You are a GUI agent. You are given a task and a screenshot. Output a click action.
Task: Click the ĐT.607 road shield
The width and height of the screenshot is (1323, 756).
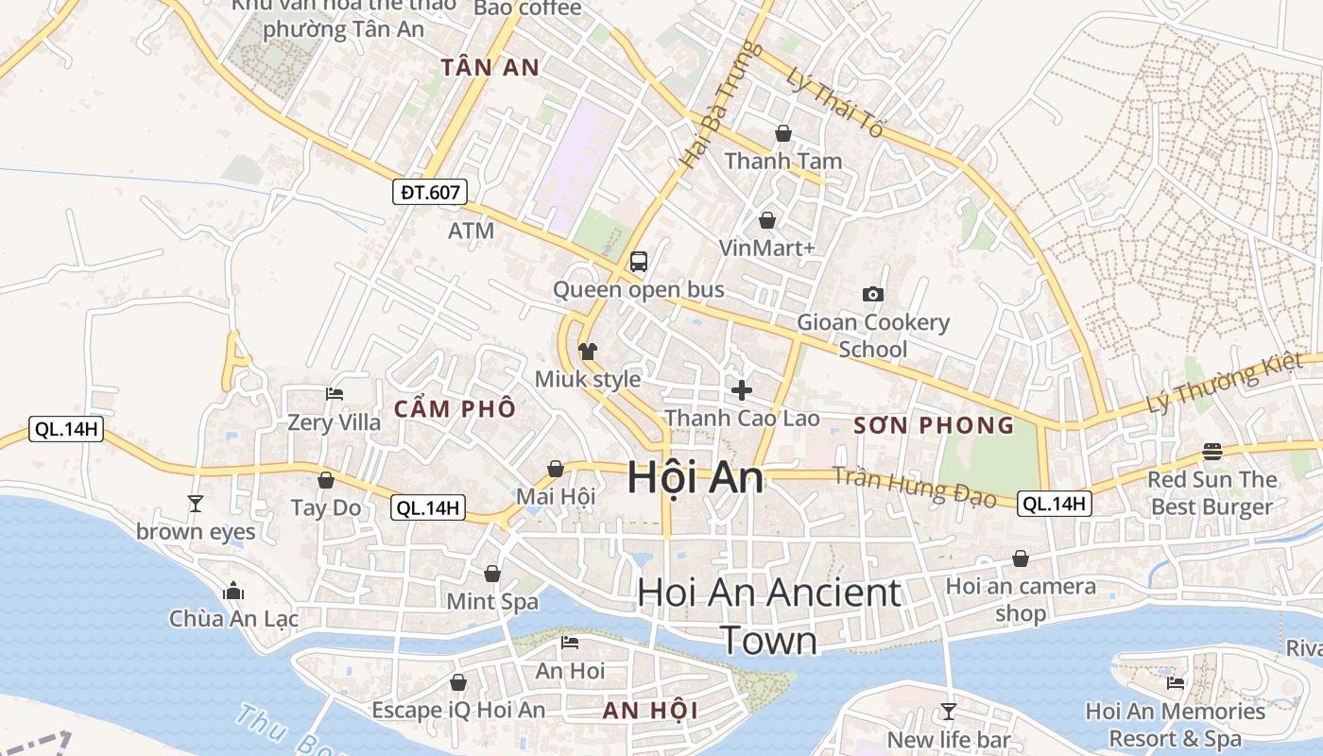pyautogui.click(x=431, y=193)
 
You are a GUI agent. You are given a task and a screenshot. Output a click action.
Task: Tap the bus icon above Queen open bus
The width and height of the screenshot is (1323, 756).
pyautogui.click(x=639, y=262)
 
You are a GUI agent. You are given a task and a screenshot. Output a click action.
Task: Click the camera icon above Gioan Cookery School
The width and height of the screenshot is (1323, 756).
pyautogui.click(x=873, y=294)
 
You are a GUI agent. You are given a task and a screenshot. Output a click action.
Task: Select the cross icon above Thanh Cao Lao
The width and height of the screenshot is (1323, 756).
pyautogui.click(x=742, y=389)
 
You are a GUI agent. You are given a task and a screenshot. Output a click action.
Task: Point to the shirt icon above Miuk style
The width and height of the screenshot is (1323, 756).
pyautogui.click(x=588, y=352)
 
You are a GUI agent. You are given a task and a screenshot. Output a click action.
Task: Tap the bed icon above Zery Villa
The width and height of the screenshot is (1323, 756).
pyautogui.click(x=334, y=394)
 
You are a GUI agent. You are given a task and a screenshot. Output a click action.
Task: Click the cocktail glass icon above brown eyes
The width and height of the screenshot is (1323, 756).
pyautogui.click(x=196, y=503)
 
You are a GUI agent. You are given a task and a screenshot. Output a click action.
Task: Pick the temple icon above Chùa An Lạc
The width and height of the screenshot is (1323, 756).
pyautogui.click(x=233, y=592)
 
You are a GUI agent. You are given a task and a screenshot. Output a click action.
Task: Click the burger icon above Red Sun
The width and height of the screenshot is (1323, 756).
pyautogui.click(x=1212, y=452)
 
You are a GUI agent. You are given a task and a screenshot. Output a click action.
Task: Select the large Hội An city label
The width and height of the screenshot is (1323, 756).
pyautogui.click(x=695, y=477)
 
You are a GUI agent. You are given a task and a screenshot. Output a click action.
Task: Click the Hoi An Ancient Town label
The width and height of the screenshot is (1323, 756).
pyautogui.click(x=769, y=616)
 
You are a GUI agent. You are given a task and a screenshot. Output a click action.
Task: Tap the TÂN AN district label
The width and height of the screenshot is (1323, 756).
pyautogui.click(x=490, y=67)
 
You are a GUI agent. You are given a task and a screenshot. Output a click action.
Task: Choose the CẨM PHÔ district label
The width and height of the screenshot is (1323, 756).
pyautogui.click(x=455, y=409)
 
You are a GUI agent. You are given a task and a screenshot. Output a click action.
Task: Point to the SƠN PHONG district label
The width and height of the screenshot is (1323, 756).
pyautogui.click(x=934, y=425)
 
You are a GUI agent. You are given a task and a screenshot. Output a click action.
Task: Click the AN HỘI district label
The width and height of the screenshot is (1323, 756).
pyautogui.click(x=650, y=711)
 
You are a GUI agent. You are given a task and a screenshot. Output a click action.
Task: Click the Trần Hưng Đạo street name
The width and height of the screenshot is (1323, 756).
pyautogui.click(x=915, y=485)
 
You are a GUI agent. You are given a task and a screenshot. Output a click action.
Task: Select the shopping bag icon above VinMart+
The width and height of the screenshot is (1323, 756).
pyautogui.click(x=767, y=220)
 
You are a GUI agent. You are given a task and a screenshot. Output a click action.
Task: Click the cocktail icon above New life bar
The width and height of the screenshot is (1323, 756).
pyautogui.click(x=949, y=711)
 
